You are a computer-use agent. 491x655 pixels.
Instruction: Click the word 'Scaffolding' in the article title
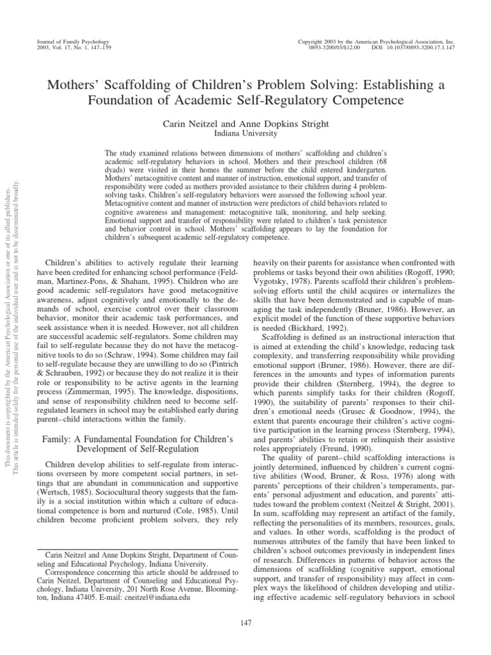coord(149,85)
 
